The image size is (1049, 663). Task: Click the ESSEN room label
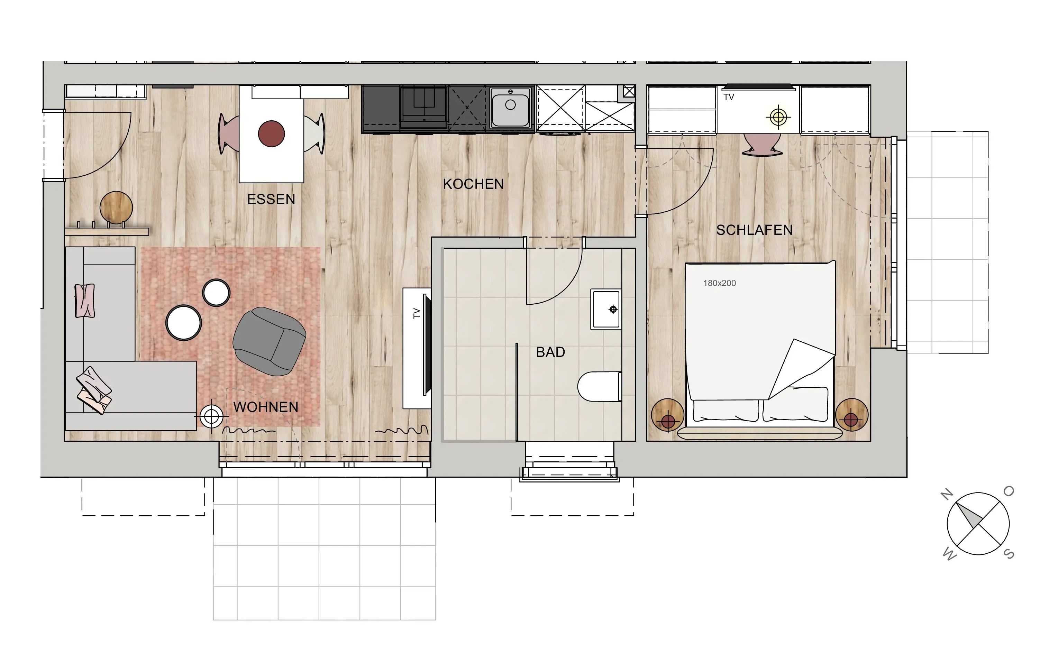[271, 200]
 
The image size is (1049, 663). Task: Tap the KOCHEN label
[473, 184]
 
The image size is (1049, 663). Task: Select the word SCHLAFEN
[754, 230]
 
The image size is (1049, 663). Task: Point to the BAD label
[550, 352]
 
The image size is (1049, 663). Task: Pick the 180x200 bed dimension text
[719, 283]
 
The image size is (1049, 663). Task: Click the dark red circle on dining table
[271, 134]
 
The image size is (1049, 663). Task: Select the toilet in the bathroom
[600, 386]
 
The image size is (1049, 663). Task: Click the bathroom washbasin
[605, 309]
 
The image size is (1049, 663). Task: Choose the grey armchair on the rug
[269, 341]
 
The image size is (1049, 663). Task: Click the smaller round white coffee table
[216, 293]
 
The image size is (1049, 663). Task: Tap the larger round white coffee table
[183, 323]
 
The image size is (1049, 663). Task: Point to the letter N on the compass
[947, 495]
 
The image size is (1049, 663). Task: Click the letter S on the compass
[1009, 554]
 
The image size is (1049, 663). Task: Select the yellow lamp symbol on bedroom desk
[778, 117]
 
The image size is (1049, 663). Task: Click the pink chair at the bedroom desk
[762, 144]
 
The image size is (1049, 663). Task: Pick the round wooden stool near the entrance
[116, 208]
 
